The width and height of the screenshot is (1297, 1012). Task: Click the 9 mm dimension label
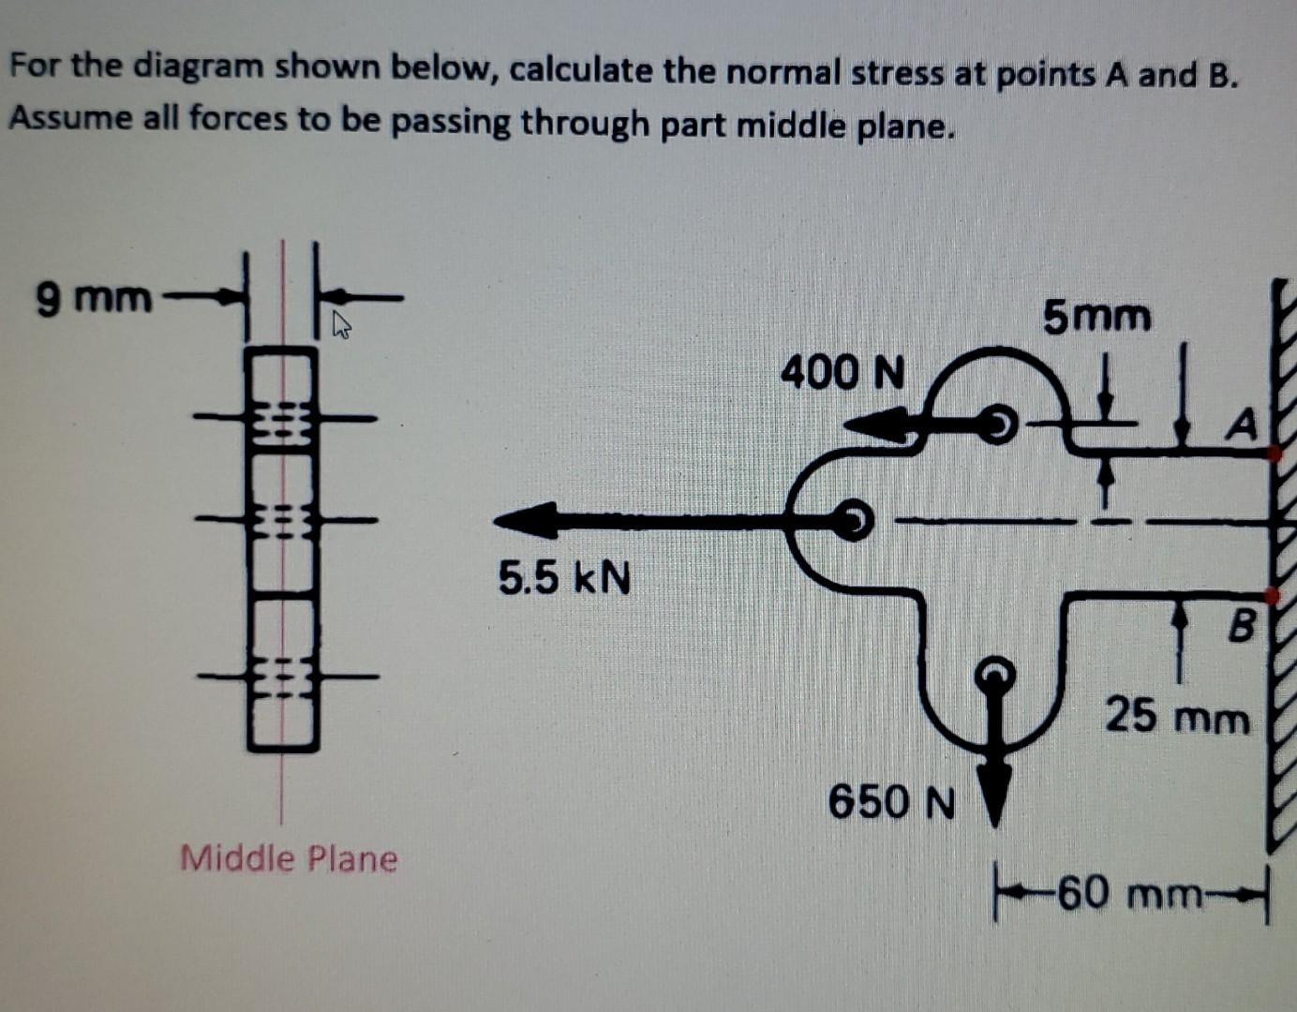(93, 298)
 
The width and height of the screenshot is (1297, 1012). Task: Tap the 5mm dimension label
(1097, 317)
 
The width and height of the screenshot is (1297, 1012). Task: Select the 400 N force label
(843, 373)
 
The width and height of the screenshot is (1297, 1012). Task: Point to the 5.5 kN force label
(564, 577)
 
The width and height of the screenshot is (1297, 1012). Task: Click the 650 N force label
(891, 802)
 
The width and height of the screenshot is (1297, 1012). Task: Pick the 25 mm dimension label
(1177, 718)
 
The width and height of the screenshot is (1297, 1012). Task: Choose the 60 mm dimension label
(1130, 894)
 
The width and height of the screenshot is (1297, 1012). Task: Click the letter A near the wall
(1242, 426)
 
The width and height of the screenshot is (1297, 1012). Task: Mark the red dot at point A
(1274, 454)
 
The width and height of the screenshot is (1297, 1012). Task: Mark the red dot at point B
(1272, 594)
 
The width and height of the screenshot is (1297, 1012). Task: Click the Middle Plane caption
(289, 857)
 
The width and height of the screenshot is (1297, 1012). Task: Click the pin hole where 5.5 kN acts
(854, 518)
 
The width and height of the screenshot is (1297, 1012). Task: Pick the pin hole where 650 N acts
(995, 672)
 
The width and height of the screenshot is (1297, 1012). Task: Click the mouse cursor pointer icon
(342, 325)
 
